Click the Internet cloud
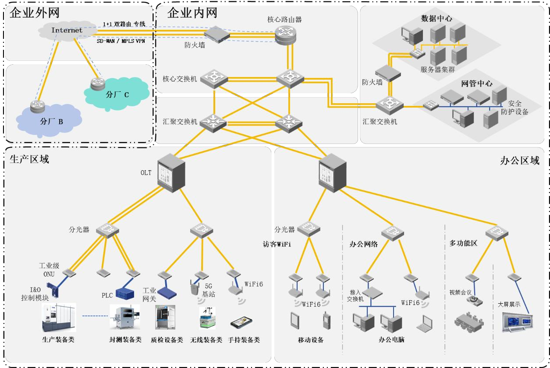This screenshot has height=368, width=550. pos(67,31)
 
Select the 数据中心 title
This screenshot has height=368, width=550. pos(436,19)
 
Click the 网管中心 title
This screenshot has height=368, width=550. pos(476,84)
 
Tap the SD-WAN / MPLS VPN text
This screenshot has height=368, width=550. pos(121,41)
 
